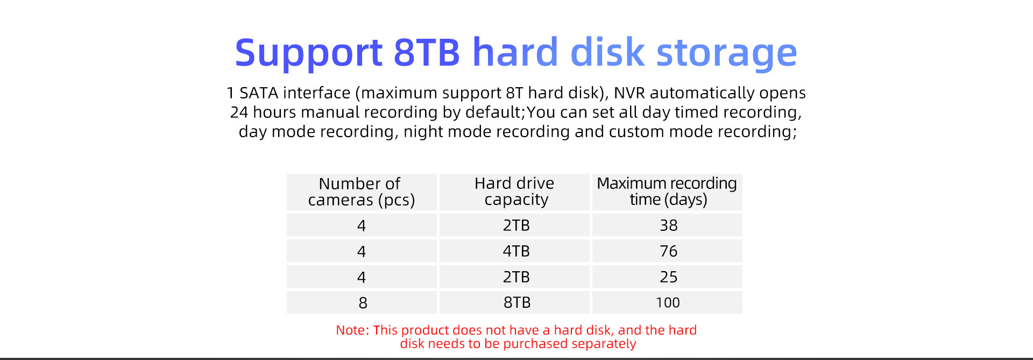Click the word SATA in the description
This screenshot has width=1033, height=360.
259,93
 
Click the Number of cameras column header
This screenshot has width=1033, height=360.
362,192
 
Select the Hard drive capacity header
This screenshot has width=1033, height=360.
515,192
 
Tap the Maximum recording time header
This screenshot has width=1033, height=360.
667,192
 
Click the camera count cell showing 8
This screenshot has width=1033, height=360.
362,302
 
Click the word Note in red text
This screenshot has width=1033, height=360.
352,330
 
